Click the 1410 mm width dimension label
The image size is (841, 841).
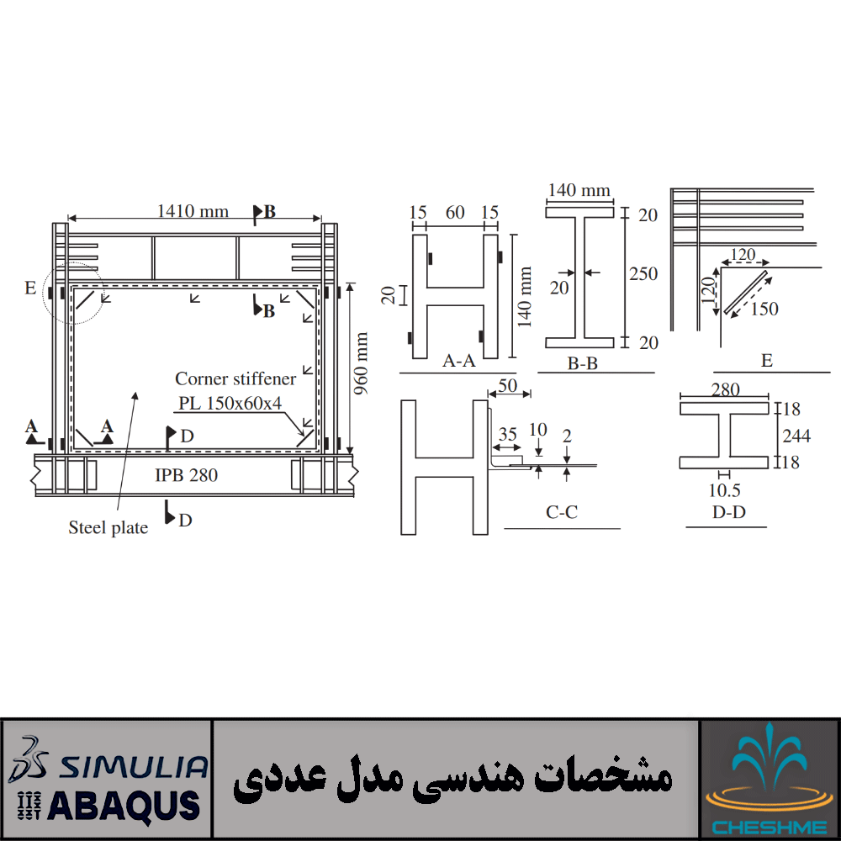point(193,211)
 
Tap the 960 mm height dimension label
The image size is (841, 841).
point(361,363)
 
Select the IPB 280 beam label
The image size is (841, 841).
point(186,474)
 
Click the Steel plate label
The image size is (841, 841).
point(108,528)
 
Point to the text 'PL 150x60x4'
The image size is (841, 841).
point(230,403)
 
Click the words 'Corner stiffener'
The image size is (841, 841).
point(235,378)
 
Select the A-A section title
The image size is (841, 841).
point(458,361)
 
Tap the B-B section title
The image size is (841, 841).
point(583,363)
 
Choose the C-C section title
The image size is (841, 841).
point(562,512)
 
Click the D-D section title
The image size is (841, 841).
point(729,512)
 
